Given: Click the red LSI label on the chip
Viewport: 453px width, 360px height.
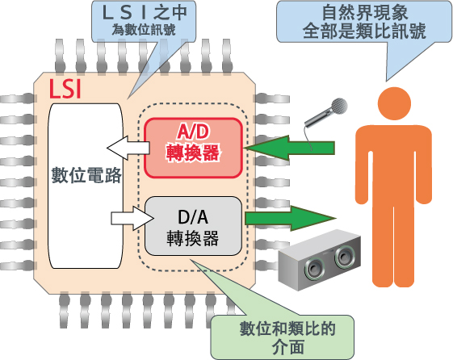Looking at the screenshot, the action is click(x=65, y=88).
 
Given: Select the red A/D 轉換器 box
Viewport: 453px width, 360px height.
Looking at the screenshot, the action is click(x=193, y=148).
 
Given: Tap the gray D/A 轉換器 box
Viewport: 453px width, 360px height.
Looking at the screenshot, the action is click(x=193, y=226).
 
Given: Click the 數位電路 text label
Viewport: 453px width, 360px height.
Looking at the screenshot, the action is click(x=86, y=175).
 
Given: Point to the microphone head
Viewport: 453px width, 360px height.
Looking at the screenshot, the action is click(x=339, y=106).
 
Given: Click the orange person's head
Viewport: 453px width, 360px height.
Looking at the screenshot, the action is click(x=394, y=103).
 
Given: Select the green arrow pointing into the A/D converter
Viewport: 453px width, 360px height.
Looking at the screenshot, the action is click(x=289, y=148).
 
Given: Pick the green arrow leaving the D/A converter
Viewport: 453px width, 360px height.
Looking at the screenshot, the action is click(x=291, y=218).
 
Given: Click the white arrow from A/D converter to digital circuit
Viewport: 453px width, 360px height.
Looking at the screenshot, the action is click(x=128, y=148).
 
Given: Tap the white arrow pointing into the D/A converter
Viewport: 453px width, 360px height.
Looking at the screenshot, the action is click(x=132, y=218).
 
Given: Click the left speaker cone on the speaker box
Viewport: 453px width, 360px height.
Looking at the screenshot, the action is click(x=314, y=269).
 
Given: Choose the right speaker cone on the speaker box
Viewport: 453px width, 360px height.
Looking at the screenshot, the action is click(x=344, y=257).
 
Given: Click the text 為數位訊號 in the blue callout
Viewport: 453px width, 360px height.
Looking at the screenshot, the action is click(x=144, y=30).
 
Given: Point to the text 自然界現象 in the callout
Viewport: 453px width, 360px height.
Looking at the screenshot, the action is click(x=365, y=12).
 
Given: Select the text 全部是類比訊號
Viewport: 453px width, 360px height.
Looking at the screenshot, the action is click(x=364, y=31).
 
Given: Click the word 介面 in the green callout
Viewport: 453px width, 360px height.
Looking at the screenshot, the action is click(x=287, y=347).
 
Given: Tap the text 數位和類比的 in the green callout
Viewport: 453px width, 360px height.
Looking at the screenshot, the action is click(x=287, y=329).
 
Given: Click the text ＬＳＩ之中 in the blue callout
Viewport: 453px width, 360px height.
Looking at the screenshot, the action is click(x=145, y=13).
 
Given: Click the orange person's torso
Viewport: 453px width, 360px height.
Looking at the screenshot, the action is click(x=393, y=165).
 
